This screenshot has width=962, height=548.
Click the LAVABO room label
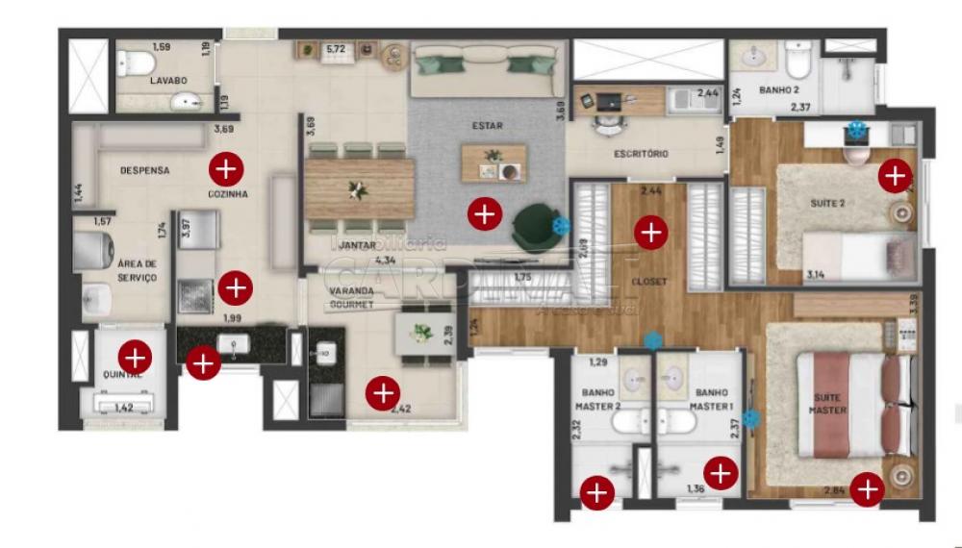pyautogui.click(x=167, y=81)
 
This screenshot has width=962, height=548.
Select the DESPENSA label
pyautogui.click(x=144, y=171)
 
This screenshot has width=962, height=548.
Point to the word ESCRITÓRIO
pyautogui.click(x=641, y=154)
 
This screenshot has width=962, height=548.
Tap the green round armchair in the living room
pyautogui.click(x=534, y=227)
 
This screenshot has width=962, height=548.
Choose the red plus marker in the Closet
pyautogui.click(x=651, y=232)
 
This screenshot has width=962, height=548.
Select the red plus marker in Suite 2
pyautogui.click(x=895, y=176)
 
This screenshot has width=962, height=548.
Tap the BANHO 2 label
pyautogui.click(x=779, y=90)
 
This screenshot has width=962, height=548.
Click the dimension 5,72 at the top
pyautogui.click(x=335, y=48)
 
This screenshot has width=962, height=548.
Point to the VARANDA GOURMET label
pyautogui.click(x=351, y=296)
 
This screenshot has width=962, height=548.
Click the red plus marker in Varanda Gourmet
pyautogui.click(x=383, y=391)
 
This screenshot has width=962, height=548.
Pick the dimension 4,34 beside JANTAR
pyautogui.click(x=386, y=260)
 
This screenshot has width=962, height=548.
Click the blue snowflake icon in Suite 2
pyautogui.click(x=856, y=129)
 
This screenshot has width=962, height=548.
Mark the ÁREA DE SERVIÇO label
pyautogui.click(x=137, y=270)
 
